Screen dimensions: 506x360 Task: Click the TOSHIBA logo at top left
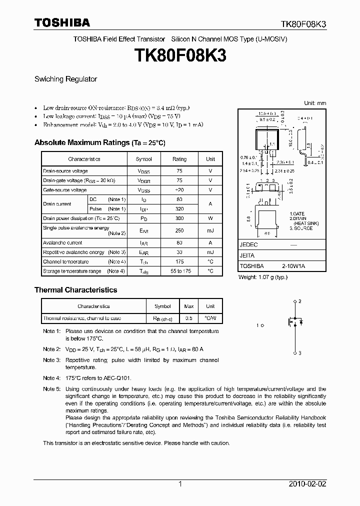(62, 23)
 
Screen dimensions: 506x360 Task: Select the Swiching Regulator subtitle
(65, 79)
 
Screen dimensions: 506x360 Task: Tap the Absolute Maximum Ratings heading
(99, 143)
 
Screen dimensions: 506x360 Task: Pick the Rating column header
(179, 159)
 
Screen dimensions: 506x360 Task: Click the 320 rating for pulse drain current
(179, 209)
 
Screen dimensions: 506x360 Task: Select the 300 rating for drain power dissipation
(179, 218)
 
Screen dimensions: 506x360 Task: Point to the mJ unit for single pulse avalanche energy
(210, 230)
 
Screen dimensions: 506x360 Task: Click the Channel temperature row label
(65, 261)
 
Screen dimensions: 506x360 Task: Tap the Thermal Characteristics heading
(75, 290)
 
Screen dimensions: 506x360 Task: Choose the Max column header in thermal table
(189, 306)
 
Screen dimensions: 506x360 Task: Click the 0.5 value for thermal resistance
(189, 318)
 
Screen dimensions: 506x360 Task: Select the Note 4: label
(51, 378)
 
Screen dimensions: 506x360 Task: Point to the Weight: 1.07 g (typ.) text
(263, 277)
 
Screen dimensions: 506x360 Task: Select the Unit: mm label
(315, 103)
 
